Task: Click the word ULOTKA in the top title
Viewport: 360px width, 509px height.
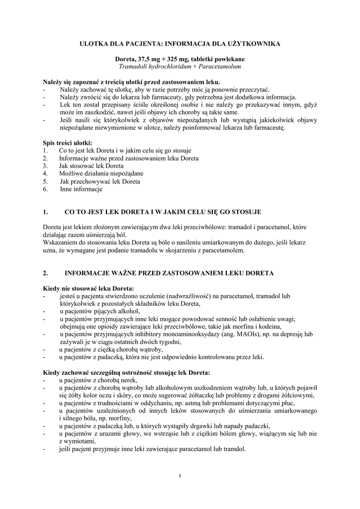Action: coord(94,44)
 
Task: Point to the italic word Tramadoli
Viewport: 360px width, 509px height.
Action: coord(133,66)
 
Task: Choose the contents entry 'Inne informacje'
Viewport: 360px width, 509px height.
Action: coord(81,189)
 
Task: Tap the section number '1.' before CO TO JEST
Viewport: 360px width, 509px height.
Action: coord(46,212)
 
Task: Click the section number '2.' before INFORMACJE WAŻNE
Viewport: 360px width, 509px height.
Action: coord(46,273)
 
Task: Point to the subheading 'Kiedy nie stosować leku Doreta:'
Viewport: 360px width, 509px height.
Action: coord(89,288)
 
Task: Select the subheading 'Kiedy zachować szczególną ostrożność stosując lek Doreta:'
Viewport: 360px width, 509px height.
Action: coord(126,372)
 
